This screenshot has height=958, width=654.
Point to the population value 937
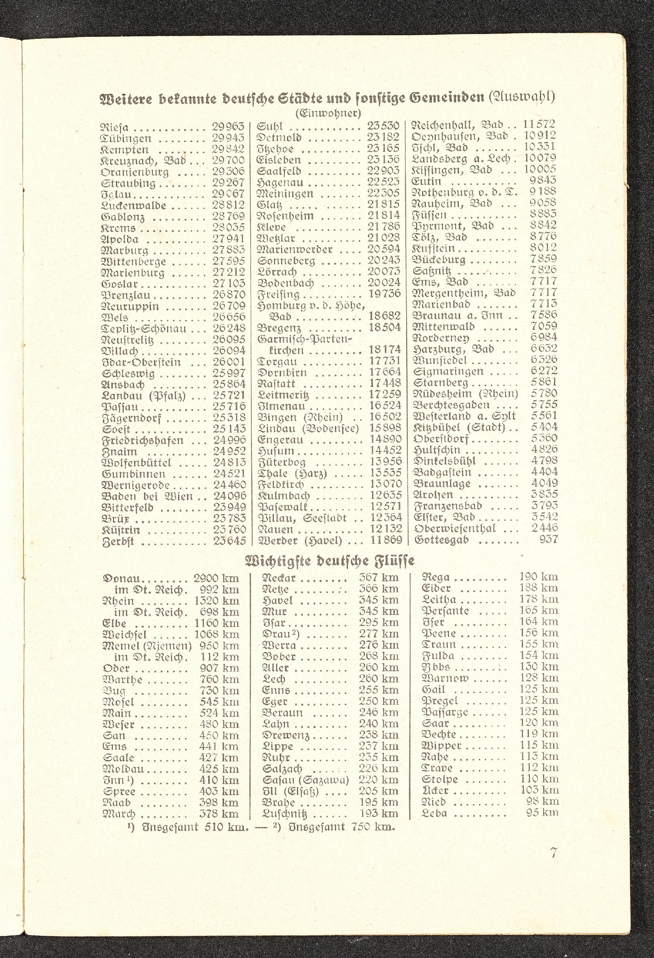tap(548, 539)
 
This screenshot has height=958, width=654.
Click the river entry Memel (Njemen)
tap(147, 645)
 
